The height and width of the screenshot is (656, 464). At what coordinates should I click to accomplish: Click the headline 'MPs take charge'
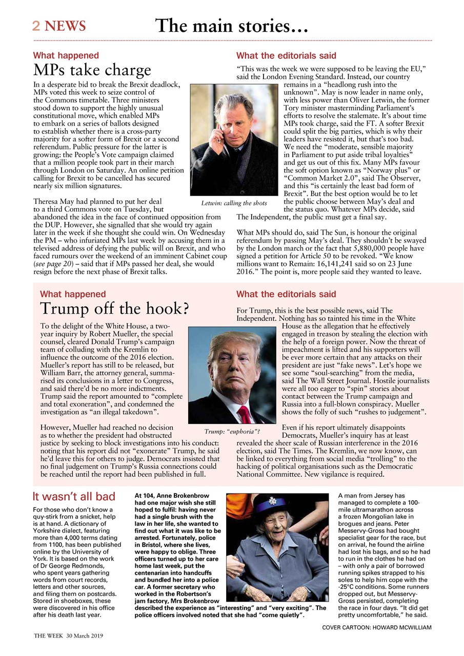(x=92, y=70)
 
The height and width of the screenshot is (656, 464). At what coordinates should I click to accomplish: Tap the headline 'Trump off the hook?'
(x=114, y=309)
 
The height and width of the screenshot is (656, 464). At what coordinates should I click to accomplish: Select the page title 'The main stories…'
(x=231, y=25)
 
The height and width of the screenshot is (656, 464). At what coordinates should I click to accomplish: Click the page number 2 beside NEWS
(x=36, y=26)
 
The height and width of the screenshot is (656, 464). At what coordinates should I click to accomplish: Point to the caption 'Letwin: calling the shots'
(x=234, y=203)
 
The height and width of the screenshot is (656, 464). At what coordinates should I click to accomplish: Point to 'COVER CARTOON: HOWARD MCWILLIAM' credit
(x=377, y=627)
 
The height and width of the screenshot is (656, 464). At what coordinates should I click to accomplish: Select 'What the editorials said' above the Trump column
(x=286, y=294)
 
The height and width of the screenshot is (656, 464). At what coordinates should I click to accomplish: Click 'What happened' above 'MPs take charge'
(x=66, y=55)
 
